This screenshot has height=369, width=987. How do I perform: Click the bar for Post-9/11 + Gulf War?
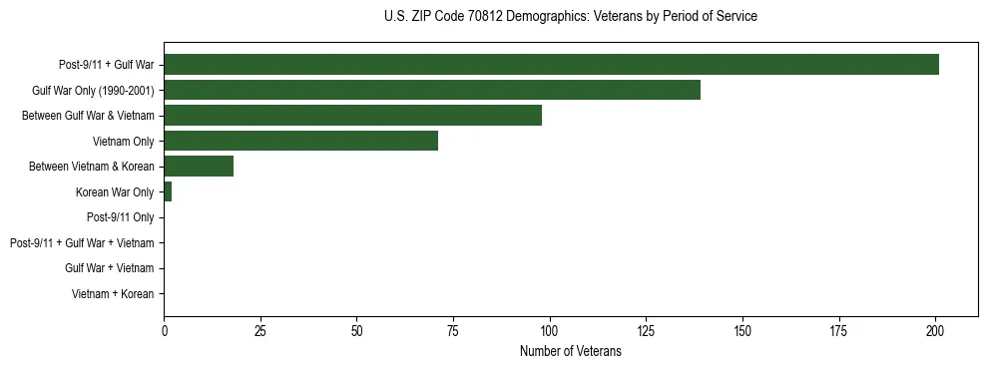click(x=551, y=65)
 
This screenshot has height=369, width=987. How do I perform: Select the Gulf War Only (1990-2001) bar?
click(x=432, y=91)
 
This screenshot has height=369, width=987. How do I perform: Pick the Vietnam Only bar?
click(x=300, y=142)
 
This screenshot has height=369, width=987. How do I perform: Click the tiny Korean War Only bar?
click(x=168, y=192)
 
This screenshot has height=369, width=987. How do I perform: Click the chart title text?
click(x=570, y=17)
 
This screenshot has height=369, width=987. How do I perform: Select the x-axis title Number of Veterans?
click(x=570, y=352)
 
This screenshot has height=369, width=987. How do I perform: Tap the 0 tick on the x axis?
click(x=165, y=330)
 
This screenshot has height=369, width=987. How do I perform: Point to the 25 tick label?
click(x=260, y=330)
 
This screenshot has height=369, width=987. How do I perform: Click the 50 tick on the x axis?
click(x=357, y=330)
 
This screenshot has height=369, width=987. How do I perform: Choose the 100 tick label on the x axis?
click(x=550, y=330)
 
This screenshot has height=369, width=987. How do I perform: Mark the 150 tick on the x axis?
click(x=742, y=330)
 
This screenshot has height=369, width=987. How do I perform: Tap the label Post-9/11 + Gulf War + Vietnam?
click(x=82, y=243)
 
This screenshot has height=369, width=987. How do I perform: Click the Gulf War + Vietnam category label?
click(x=109, y=268)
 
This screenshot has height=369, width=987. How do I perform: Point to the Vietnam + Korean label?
click(x=113, y=294)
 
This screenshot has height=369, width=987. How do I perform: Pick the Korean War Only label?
click(x=115, y=192)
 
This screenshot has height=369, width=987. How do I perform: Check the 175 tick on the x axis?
click(x=838, y=330)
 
